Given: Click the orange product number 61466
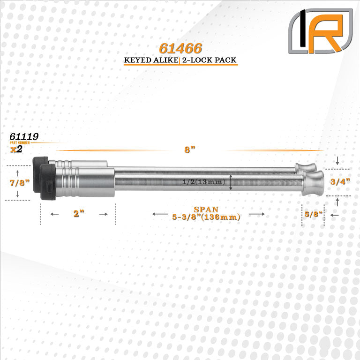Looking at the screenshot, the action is coord(180,48).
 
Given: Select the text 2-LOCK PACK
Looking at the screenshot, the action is coord(209,60).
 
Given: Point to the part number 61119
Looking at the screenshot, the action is coord(24,136).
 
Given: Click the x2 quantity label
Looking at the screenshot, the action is coord(16,149).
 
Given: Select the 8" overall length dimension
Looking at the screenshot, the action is coord(190,150).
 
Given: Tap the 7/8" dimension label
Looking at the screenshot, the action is coord(20,183).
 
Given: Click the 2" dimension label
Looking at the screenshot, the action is coord(79,213).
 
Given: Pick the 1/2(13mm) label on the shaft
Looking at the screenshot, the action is coord(203,182).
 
